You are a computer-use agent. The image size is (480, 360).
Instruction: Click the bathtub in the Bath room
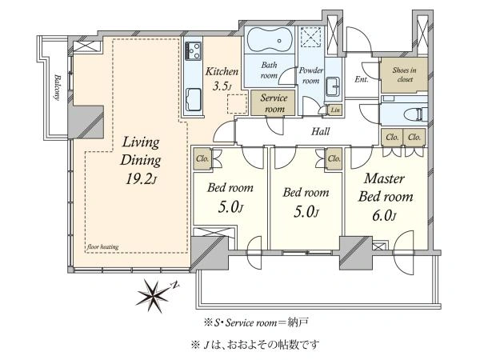coord(270,40)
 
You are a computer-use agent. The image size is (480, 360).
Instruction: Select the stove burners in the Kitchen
coord(193,50)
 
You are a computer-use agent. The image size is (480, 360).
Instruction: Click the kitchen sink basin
coord(194,98)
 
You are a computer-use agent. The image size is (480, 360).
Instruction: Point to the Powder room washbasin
coord(333,86)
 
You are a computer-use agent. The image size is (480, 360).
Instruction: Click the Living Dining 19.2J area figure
coord(142,178)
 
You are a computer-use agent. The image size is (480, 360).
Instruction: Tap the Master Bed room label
coord(385,187)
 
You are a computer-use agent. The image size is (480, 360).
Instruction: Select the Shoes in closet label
coord(404,74)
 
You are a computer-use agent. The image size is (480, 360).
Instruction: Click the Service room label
coord(274,103)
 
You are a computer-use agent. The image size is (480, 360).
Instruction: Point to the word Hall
coord(320,131)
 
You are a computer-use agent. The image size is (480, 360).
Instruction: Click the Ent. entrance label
coord(362,79)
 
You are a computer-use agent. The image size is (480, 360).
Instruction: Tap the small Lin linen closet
coord(335,110)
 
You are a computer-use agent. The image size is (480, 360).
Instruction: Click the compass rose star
coord(153,296)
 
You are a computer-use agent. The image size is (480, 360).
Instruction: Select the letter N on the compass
coord(174,286)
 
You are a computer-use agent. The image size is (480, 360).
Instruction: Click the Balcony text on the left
coord(57,86)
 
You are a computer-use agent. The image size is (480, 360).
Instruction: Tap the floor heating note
coord(102,246)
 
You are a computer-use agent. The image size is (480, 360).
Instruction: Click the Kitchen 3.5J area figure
coord(222,86)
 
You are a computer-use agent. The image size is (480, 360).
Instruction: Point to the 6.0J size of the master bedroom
coord(384,216)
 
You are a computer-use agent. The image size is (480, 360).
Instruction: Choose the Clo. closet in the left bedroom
coord(202,158)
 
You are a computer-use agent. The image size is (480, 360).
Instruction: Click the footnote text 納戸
coord(298,322)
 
